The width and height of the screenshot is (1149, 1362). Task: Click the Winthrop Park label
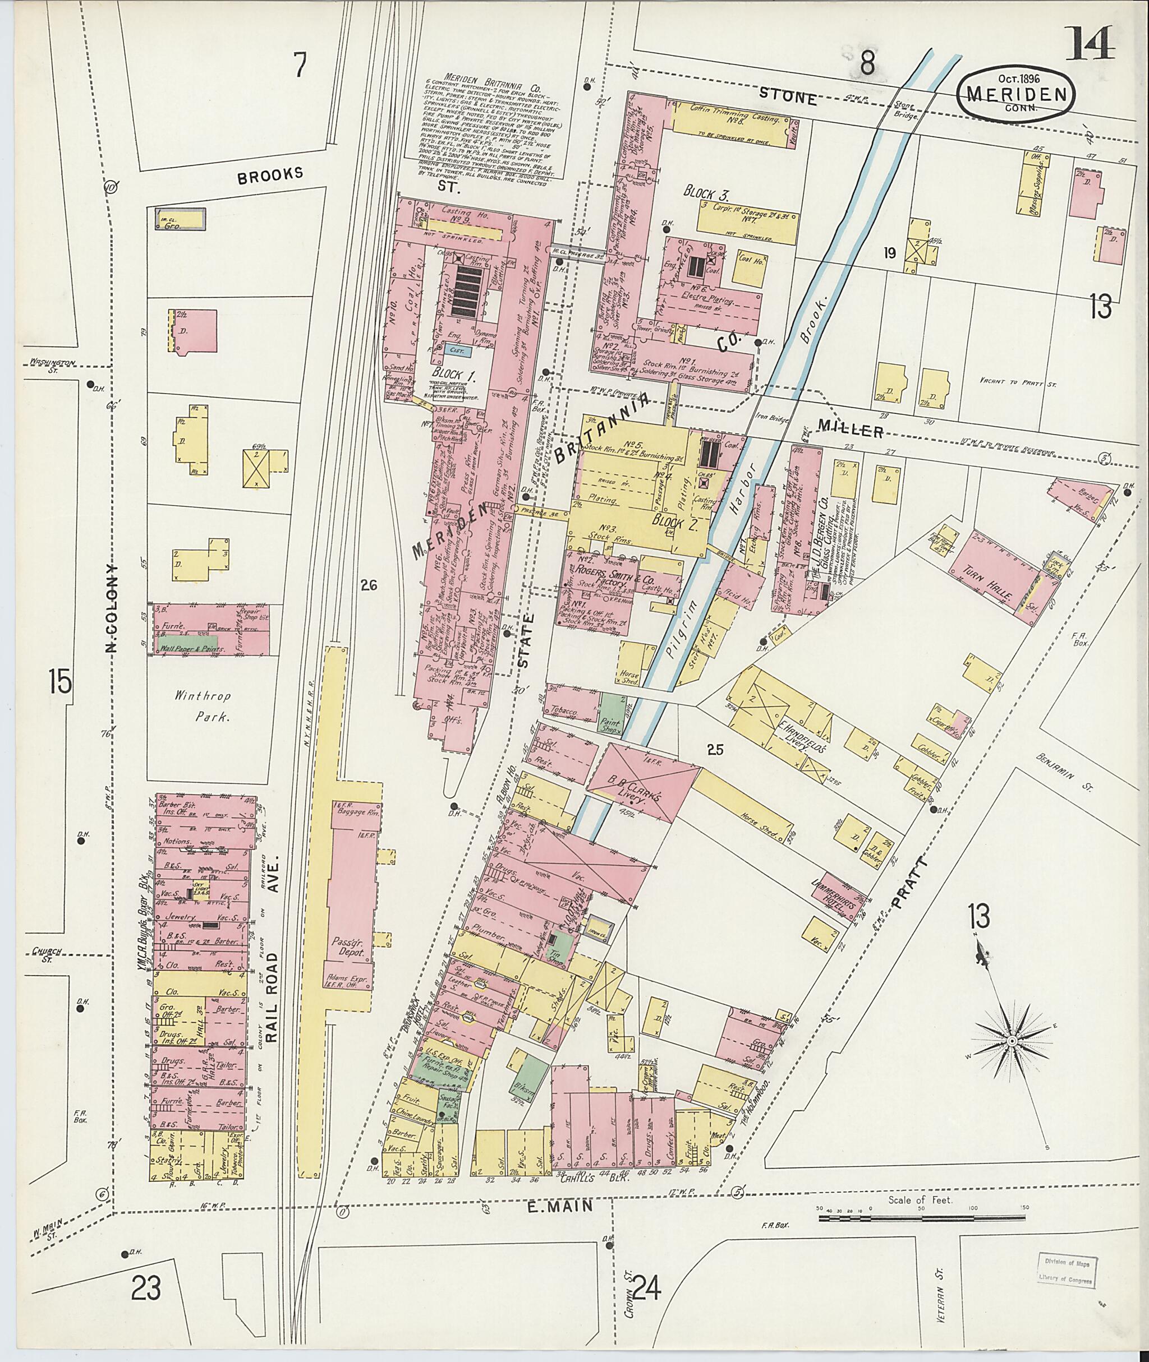[202, 707]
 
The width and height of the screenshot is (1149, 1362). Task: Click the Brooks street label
[270, 174]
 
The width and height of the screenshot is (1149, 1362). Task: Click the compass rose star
[1012, 1042]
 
